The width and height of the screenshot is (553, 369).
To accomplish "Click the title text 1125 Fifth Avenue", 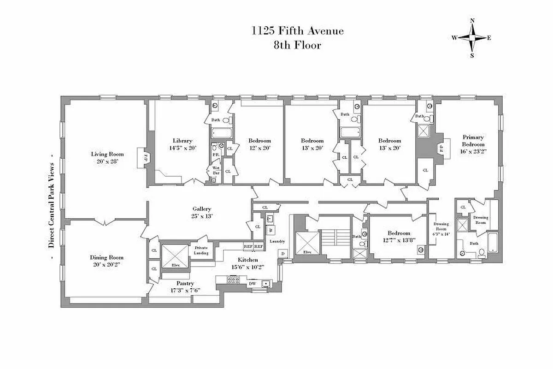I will click(x=297, y=31).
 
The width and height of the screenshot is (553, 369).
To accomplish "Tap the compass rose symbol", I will click(x=472, y=38).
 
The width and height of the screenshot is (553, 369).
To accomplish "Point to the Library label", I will click(x=182, y=141).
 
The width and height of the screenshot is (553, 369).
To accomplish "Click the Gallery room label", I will click(x=202, y=209).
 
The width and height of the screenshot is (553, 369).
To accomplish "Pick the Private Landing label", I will click(x=201, y=250).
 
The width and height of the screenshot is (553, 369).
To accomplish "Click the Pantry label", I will click(x=185, y=283).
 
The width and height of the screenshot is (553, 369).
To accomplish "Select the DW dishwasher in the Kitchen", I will click(x=252, y=283).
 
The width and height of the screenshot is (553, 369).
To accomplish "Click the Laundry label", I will click(x=277, y=241).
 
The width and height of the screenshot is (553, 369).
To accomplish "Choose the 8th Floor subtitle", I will click(x=297, y=45).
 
